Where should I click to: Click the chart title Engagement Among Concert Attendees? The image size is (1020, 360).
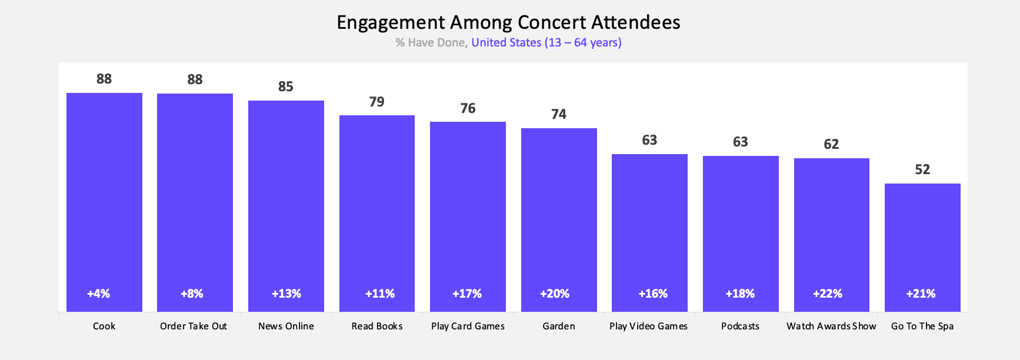[x=508, y=22]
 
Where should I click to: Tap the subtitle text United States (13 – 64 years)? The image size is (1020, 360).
[x=546, y=42]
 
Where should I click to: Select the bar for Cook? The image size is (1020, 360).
[x=104, y=200]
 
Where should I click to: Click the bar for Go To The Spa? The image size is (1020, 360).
[x=922, y=247]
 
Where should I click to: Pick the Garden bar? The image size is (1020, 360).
[x=559, y=218]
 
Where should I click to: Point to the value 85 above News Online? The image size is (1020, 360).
[x=286, y=86]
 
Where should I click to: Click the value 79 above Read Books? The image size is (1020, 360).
[x=377, y=102]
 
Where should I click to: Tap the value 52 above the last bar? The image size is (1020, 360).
[x=922, y=169]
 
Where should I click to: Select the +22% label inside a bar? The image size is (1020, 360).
[x=828, y=294]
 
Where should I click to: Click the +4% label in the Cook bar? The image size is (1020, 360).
[x=99, y=294]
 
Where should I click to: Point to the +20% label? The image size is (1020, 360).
[x=555, y=294]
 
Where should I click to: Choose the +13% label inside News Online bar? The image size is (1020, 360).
[x=286, y=294]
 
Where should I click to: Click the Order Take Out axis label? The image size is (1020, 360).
[x=194, y=326]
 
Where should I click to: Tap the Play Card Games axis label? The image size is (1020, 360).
[x=468, y=326]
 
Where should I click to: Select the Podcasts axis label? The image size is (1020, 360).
[x=740, y=326]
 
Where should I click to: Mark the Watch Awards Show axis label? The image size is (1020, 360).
[x=831, y=326]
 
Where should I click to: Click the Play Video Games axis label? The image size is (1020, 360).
[x=648, y=326]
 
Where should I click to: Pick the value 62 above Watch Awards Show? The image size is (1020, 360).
[x=831, y=144]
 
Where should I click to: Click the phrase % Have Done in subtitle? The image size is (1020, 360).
[x=431, y=42]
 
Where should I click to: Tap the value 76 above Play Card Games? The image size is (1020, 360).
[x=468, y=108]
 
